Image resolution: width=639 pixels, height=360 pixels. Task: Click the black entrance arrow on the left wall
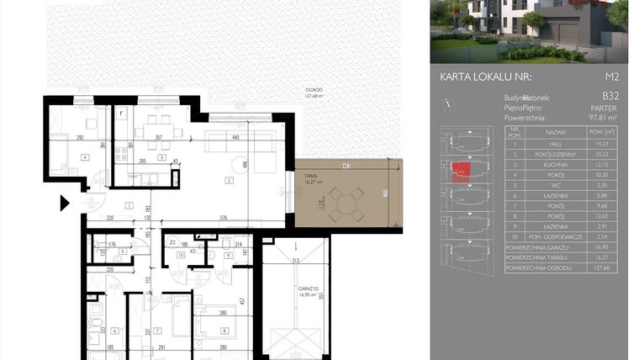64,203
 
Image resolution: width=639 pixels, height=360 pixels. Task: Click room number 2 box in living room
227,179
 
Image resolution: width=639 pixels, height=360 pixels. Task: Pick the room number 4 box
84,156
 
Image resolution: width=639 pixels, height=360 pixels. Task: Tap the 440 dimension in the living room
236,136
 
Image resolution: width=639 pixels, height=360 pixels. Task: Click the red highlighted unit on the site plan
460,170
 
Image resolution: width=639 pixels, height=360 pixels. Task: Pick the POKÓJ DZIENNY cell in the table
555,155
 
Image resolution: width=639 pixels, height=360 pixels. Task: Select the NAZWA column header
555,132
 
